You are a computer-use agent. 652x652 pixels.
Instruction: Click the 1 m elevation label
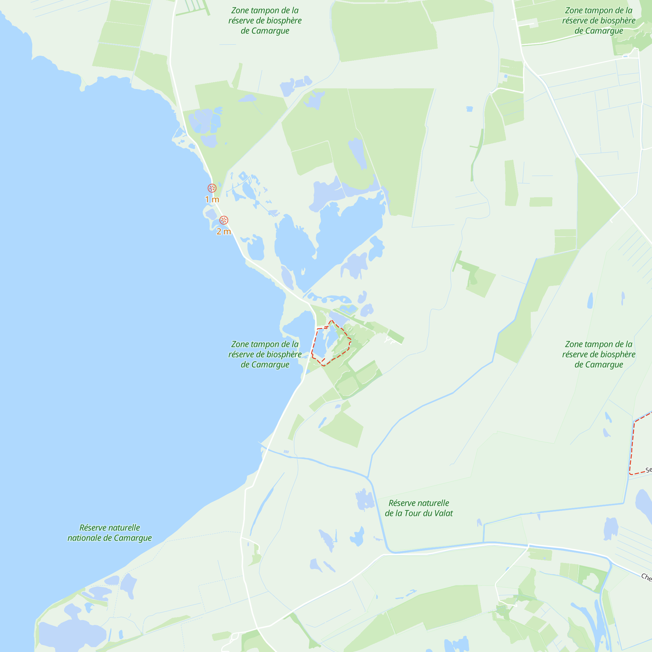click(212, 200)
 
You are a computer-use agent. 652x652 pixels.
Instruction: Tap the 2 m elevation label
click(223, 231)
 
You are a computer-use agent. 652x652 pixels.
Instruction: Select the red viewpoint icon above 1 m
click(212, 188)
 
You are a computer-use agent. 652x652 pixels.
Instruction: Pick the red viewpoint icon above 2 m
click(224, 220)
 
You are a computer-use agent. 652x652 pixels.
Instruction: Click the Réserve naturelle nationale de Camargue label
click(110, 533)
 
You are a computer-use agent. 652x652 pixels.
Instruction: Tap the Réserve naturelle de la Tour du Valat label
click(419, 508)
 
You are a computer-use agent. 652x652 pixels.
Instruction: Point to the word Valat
click(443, 513)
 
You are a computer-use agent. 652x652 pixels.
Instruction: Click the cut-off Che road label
click(646, 577)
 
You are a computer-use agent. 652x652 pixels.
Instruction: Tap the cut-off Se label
click(648, 470)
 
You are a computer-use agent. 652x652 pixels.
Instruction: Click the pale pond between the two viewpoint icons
click(211, 214)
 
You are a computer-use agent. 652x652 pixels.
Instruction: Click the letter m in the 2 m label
click(227, 231)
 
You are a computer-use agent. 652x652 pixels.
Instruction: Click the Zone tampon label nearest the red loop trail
click(265, 354)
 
